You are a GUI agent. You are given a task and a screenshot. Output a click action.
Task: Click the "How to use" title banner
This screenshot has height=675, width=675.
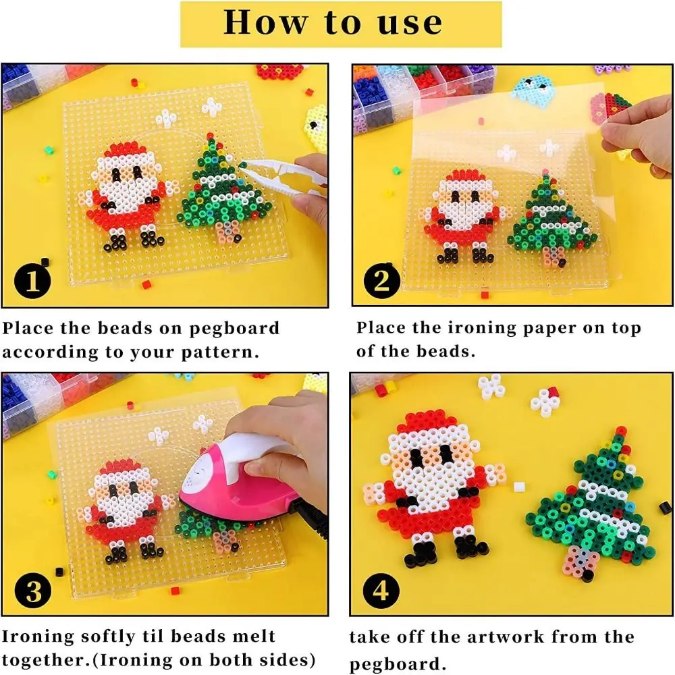pyautogui.click(x=333, y=23)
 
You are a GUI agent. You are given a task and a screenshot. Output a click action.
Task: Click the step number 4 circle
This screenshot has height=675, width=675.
pyautogui.click(x=383, y=592)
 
